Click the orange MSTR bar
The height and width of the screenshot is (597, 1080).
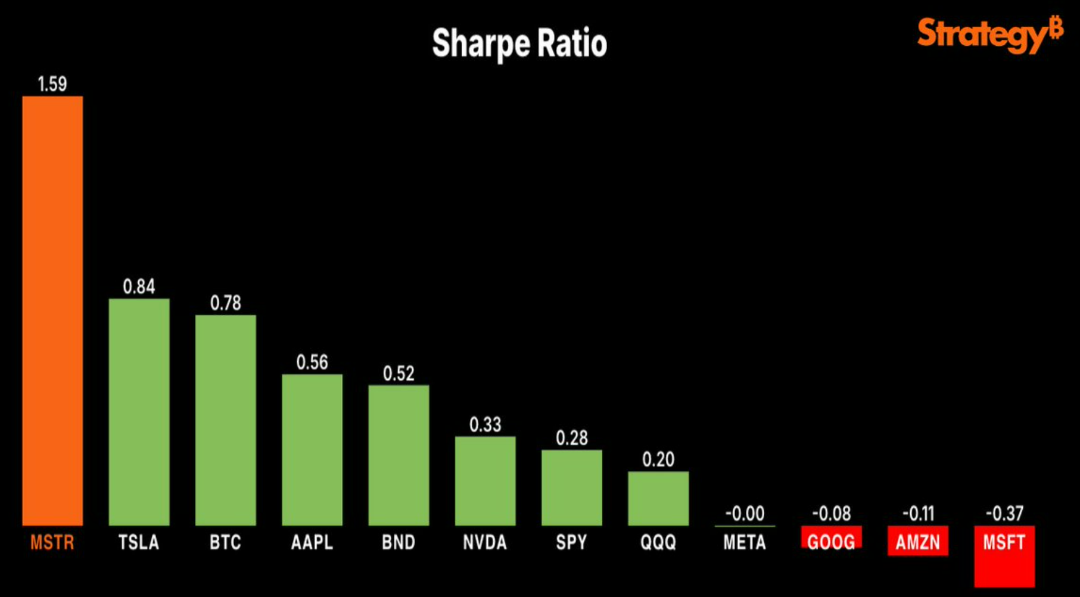point(52,310)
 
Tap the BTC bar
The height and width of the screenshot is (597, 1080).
point(226,420)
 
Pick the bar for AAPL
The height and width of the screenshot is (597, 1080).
point(312,449)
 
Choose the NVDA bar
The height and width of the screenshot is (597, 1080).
point(485,481)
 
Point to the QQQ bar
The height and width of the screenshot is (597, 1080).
point(658,498)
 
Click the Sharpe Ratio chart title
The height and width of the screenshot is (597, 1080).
point(519,43)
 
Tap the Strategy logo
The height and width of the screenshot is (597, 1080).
point(989,35)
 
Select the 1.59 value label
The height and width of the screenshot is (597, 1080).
point(52,84)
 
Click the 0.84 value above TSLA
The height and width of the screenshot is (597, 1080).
point(139,287)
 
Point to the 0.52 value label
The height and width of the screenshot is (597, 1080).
point(399,374)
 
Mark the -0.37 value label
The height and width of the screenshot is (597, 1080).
point(1004,513)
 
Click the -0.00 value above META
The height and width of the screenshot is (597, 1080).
point(745,513)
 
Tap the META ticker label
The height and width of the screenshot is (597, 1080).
point(745,542)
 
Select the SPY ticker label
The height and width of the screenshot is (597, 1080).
point(571,542)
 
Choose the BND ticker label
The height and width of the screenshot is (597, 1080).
point(399,542)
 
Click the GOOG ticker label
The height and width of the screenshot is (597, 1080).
point(831,542)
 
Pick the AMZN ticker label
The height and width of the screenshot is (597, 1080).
point(917,542)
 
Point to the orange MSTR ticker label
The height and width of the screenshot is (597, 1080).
point(52,542)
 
